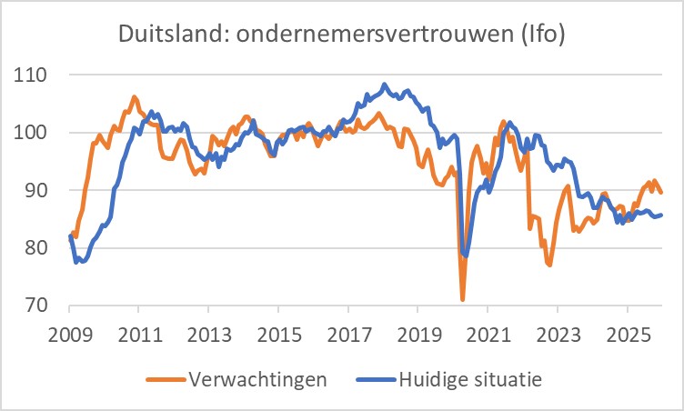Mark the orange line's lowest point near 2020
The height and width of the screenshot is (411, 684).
463,299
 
